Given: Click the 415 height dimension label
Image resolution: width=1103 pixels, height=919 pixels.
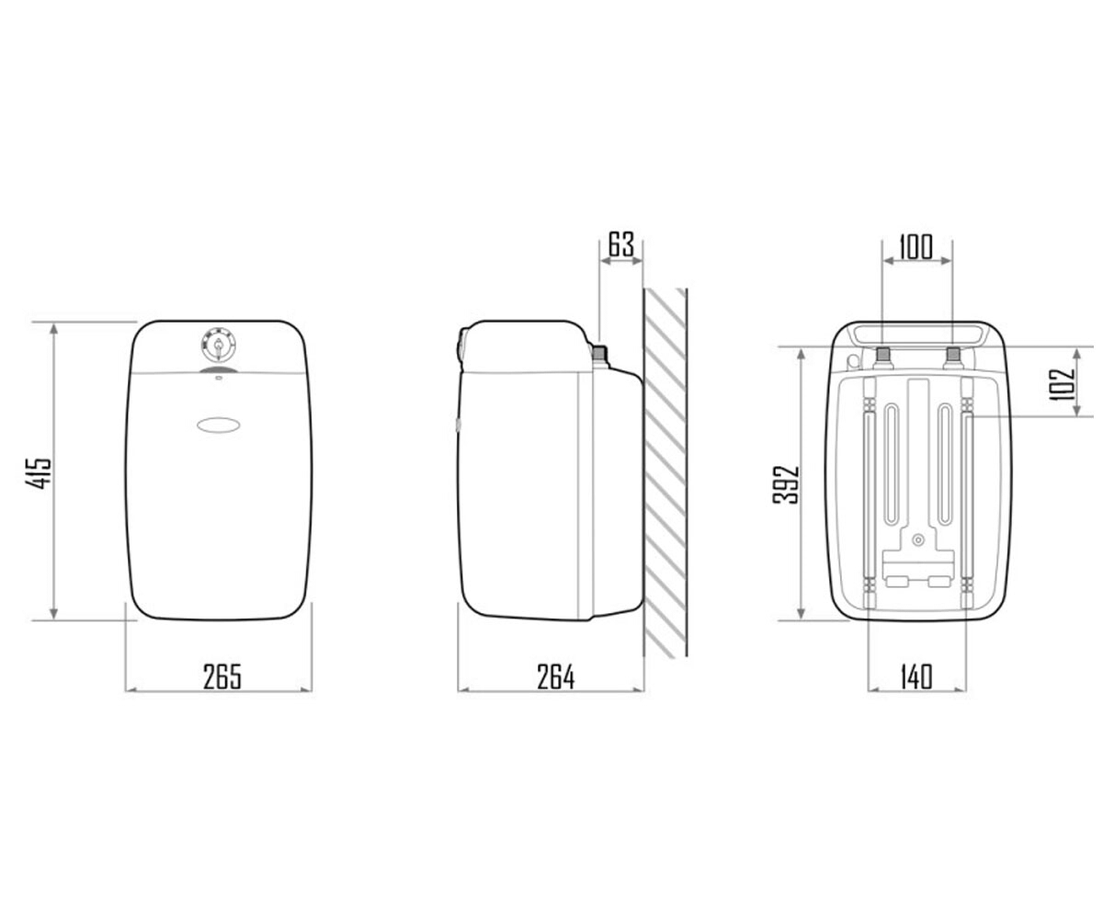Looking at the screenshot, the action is (38, 473).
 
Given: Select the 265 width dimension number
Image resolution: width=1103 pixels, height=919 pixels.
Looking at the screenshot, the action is (222, 676).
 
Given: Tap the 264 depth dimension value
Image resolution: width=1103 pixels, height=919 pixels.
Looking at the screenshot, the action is (556, 676).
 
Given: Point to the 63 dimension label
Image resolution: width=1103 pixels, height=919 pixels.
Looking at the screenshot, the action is (620, 244).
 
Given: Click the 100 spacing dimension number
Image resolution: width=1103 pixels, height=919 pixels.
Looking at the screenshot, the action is (916, 247).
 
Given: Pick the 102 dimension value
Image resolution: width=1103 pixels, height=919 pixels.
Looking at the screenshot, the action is (1062, 384).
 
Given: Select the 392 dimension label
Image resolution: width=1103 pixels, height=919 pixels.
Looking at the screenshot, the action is (786, 485).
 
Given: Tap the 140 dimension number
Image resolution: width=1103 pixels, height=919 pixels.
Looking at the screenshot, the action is (916, 676).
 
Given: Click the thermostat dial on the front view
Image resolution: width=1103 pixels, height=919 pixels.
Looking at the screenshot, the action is (218, 345).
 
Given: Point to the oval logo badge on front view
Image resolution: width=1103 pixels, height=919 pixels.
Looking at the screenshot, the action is (218, 425).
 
